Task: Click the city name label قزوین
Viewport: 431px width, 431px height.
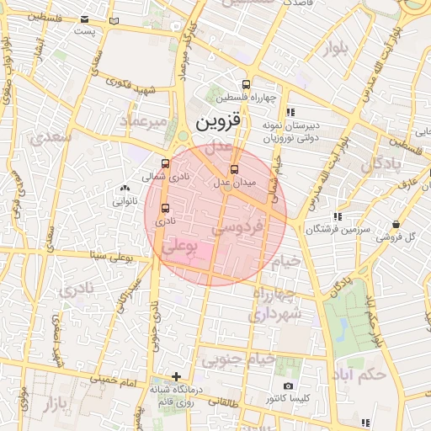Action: pos(219,121)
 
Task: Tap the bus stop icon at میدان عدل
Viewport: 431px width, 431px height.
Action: pos(235,169)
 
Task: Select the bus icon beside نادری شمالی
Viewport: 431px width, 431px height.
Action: pos(164,164)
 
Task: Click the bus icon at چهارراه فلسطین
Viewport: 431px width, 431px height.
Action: pos(245,84)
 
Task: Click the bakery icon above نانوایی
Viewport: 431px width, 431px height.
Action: pos(125,189)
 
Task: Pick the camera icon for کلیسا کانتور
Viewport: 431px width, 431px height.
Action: pos(289,386)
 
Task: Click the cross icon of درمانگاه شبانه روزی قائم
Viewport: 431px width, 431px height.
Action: pos(175,376)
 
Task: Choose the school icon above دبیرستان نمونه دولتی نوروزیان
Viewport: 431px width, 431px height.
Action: pos(290,111)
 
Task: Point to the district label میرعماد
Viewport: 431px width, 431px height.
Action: pos(149,123)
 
